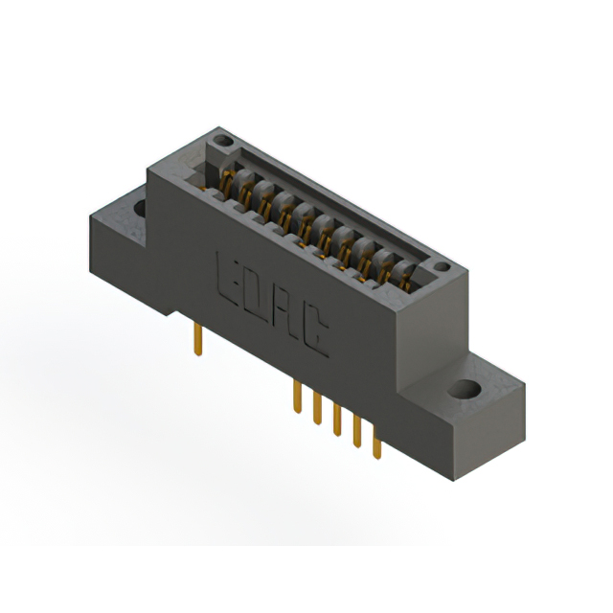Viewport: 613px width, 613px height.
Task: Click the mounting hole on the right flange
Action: [x=466, y=390]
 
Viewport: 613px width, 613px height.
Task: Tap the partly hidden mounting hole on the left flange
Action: [x=140, y=206]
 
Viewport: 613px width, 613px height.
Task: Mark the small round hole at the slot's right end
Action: [x=442, y=268]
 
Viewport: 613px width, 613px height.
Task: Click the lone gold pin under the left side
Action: [x=198, y=340]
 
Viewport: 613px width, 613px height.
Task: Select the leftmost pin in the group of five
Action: [x=298, y=397]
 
